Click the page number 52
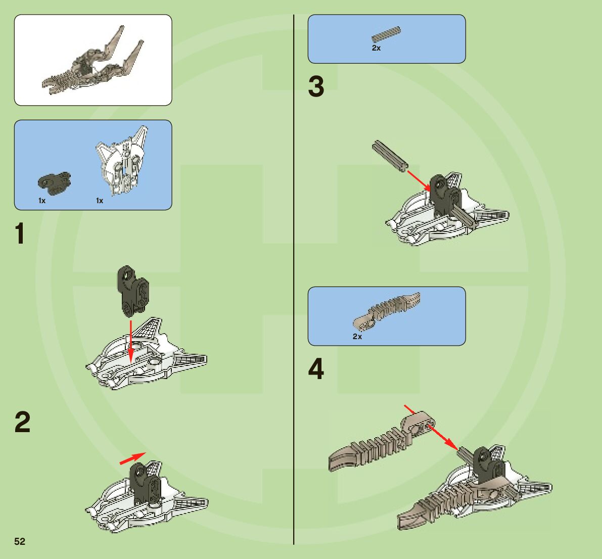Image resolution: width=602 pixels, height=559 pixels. click(20, 541)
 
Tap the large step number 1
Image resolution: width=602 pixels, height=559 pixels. click(20, 234)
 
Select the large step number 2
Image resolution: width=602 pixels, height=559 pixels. click(22, 422)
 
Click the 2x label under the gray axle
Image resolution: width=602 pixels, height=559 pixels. click(376, 49)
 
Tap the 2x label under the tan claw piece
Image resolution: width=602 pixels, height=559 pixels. click(357, 337)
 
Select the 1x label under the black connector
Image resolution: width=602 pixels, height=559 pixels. click(42, 201)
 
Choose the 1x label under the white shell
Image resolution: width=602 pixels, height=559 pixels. click(100, 201)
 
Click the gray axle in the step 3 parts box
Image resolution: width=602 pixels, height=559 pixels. click(387, 35)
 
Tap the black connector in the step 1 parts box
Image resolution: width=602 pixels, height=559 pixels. click(55, 182)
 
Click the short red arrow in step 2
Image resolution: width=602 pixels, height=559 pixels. click(132, 458)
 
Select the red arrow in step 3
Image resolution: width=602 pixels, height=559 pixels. click(419, 180)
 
